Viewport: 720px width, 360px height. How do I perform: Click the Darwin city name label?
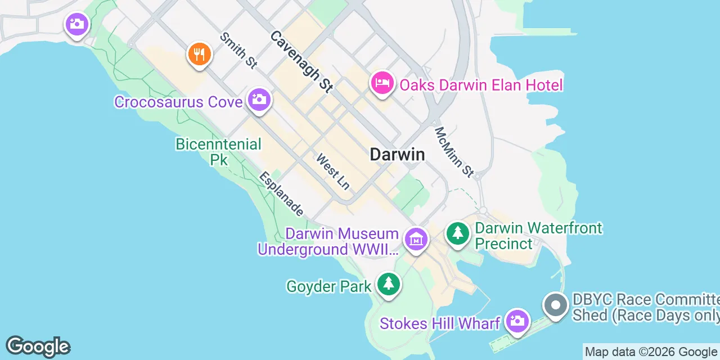pyautogui.click(x=397, y=154)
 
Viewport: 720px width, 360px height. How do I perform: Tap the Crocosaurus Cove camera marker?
pyautogui.click(x=259, y=100)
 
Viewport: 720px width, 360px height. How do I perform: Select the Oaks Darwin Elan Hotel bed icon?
pyautogui.click(x=382, y=83)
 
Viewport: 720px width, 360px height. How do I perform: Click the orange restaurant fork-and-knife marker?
pyautogui.click(x=199, y=54)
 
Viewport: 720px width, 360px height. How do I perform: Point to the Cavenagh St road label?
pyautogui.click(x=301, y=61)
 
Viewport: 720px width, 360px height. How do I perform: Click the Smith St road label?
pyautogui.click(x=238, y=50)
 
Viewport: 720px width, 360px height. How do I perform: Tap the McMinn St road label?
pyautogui.click(x=454, y=151)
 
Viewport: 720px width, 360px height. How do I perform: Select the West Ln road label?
pyautogui.click(x=333, y=171)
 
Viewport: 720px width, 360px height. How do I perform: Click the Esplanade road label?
pyautogui.click(x=281, y=194)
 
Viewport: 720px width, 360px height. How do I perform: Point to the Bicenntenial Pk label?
pyautogui.click(x=218, y=152)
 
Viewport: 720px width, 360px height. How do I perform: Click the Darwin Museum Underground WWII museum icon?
pyautogui.click(x=416, y=240)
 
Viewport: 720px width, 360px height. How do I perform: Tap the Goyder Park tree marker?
pyautogui.click(x=388, y=283)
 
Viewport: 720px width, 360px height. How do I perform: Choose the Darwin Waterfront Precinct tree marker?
pyautogui.click(x=458, y=233)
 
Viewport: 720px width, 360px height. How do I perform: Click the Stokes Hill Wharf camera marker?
pyautogui.click(x=516, y=321)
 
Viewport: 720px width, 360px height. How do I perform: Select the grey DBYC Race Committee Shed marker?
pyautogui.click(x=556, y=306)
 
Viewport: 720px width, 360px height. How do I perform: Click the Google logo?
pyautogui.click(x=38, y=347)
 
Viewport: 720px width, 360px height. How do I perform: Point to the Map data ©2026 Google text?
pyautogui.click(x=651, y=352)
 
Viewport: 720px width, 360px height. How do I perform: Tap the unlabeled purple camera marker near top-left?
pyautogui.click(x=77, y=24)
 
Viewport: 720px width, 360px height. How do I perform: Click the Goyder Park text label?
pyautogui.click(x=329, y=286)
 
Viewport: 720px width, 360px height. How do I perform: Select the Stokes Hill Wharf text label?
pyautogui.click(x=440, y=323)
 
